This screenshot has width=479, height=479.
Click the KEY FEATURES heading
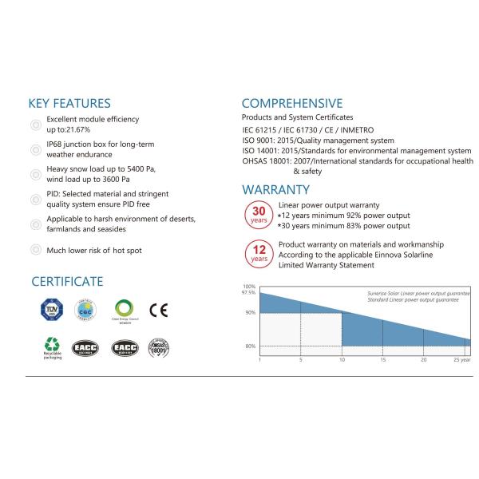click(x=69, y=104)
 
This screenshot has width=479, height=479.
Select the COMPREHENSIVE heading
click(x=292, y=103)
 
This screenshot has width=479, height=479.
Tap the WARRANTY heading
click(x=275, y=189)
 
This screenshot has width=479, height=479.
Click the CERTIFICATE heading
click(x=67, y=281)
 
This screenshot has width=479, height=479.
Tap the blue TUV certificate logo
click(x=52, y=310)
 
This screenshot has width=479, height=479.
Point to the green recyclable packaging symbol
click(x=52, y=346)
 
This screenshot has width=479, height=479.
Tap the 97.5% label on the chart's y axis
click(x=248, y=293)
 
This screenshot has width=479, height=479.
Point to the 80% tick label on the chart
click(x=250, y=346)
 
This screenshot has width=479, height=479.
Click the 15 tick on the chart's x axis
click(x=382, y=360)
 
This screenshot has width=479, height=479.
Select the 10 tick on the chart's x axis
click(x=342, y=360)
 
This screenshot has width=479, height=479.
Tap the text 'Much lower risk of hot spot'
click(x=94, y=250)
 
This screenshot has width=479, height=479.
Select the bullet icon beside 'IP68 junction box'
click(x=34, y=149)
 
